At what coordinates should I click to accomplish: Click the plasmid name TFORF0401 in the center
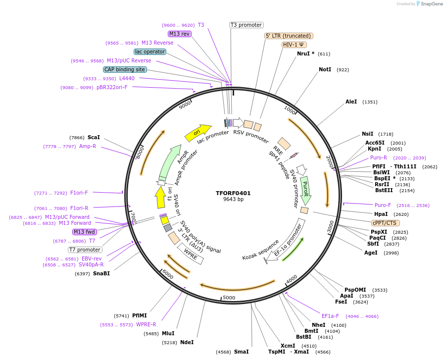tap(233, 193)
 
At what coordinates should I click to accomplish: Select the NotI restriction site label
tap(325, 70)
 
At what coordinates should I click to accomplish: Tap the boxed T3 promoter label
tap(247, 25)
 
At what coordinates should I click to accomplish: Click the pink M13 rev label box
tap(179, 34)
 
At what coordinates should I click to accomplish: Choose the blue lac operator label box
tap(149, 51)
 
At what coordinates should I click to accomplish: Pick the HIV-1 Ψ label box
tap(294, 45)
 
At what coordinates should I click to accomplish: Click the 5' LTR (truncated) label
tap(289, 36)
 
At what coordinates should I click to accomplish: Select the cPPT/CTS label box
tap(385, 223)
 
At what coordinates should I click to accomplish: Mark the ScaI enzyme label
tap(94, 137)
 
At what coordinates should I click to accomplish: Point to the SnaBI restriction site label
tap(101, 273)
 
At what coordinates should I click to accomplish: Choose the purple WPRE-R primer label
tap(146, 325)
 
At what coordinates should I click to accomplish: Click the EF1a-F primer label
tap(330, 316)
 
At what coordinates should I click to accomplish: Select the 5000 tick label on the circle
tap(229, 298)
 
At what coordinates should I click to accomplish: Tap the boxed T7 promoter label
tap(85, 250)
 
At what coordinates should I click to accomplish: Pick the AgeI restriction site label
tap(371, 253)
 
